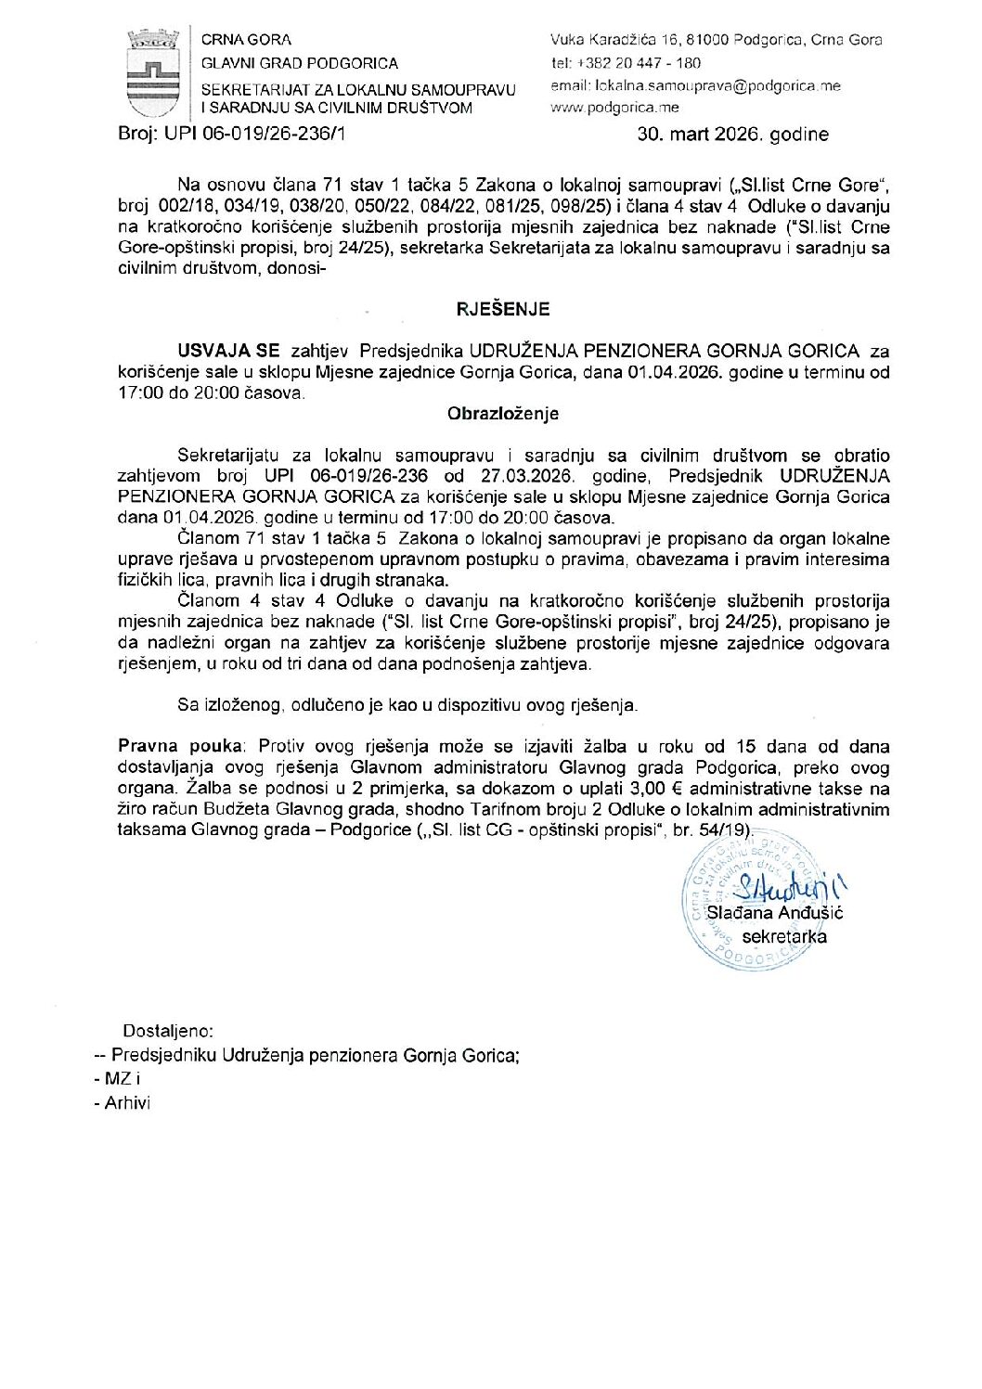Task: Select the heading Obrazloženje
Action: (x=502, y=414)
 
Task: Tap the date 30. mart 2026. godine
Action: (x=732, y=135)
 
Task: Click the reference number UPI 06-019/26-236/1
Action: (x=255, y=134)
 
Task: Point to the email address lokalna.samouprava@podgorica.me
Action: (x=717, y=86)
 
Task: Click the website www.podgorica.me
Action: (x=614, y=108)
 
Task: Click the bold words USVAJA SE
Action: (x=228, y=351)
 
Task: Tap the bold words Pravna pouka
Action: (x=180, y=746)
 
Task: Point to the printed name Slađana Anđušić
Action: (x=774, y=913)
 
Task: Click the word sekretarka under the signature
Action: (x=783, y=936)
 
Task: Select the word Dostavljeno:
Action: (x=168, y=1031)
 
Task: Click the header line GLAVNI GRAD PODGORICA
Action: (x=300, y=63)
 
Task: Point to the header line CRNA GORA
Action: (x=246, y=40)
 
